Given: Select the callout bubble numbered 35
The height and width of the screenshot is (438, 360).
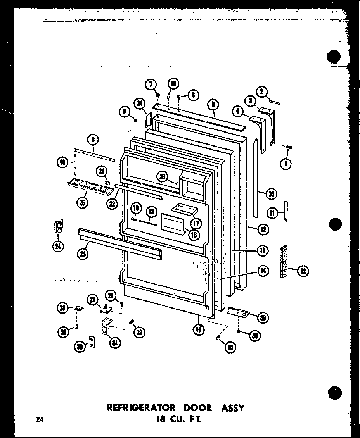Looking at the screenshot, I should [x=173, y=84].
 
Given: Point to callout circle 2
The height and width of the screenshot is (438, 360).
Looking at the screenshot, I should [x=262, y=91].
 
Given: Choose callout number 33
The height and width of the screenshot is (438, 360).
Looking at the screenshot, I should [x=271, y=194].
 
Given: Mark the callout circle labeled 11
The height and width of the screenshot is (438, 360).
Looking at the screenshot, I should [x=272, y=212].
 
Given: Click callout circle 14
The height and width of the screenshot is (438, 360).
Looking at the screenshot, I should [x=263, y=271].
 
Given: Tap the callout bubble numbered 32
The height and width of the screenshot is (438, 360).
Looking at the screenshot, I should [x=303, y=271].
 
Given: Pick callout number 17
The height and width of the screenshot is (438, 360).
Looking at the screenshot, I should [x=196, y=223].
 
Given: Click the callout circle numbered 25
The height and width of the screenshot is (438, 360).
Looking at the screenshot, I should [x=82, y=202].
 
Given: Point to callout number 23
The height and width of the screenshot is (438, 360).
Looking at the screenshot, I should [x=83, y=254].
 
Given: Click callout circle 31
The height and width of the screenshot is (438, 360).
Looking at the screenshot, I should [x=115, y=342].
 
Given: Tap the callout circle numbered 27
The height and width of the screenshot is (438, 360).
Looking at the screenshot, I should [x=93, y=299].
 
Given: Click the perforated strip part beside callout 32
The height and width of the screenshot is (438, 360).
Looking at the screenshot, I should [x=284, y=261].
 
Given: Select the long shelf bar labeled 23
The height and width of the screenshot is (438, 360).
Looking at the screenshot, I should [x=120, y=243].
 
